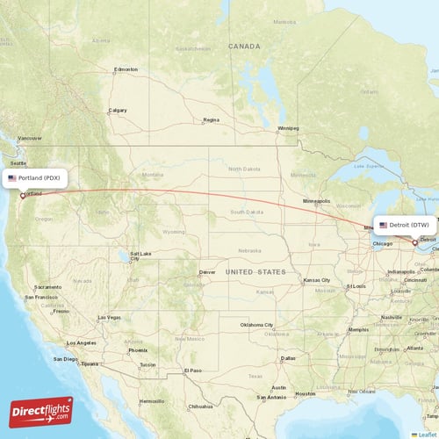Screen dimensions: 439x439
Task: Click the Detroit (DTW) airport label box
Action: (404, 225)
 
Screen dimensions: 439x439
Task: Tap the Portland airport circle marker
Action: (23, 196)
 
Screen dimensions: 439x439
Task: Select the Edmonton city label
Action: (126, 69)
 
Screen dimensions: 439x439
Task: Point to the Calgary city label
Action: (117, 111)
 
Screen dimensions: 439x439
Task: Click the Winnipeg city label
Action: (288, 128)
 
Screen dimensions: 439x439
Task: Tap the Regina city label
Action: (211, 119)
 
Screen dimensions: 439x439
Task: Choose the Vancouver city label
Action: (29, 138)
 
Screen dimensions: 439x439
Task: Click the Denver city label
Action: (207, 272)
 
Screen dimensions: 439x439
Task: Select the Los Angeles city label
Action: (80, 342)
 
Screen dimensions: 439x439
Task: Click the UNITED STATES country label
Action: (255, 272)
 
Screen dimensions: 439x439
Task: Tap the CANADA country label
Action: (244, 46)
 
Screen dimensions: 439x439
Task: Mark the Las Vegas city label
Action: (109, 317)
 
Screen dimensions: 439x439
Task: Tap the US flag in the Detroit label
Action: (383, 225)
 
